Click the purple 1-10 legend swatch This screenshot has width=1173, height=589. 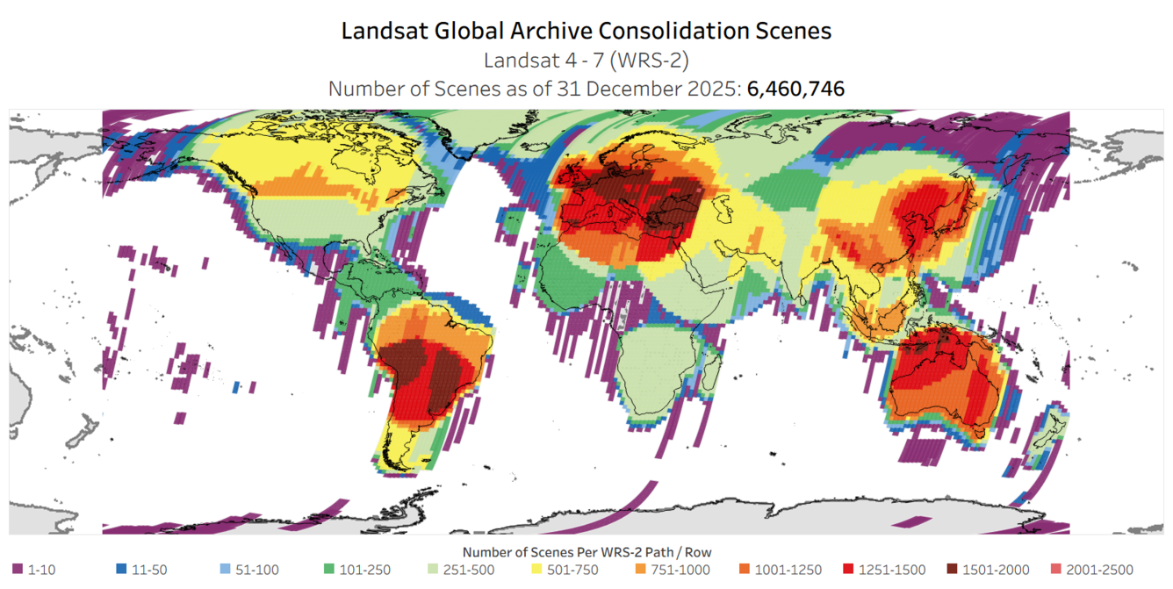[x=18, y=570]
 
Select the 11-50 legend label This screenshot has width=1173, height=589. [x=149, y=570]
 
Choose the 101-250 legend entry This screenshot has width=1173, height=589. [x=364, y=570]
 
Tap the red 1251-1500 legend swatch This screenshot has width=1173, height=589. [x=848, y=570]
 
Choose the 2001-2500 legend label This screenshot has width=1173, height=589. [x=1099, y=570]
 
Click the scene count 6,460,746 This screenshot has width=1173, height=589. [x=795, y=89]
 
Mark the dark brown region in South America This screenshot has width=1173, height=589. [x=408, y=360]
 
